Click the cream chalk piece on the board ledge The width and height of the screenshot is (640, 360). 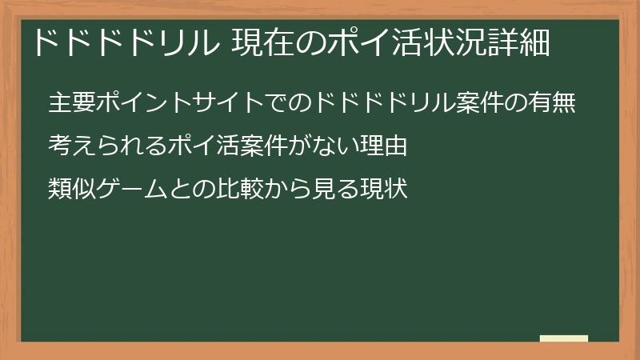click(x=564, y=338)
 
